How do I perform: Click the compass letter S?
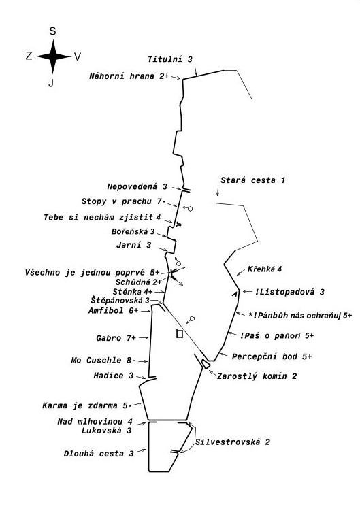(x=52, y=31)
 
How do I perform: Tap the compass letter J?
(x=51, y=82)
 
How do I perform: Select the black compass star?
(x=53, y=56)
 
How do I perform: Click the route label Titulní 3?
(x=170, y=59)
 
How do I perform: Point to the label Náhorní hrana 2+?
(x=129, y=76)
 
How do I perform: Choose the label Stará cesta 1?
(x=252, y=180)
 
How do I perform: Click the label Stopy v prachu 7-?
(x=123, y=201)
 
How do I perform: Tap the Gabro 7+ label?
(x=116, y=338)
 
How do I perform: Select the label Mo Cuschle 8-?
(x=103, y=360)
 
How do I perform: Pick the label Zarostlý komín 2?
(x=257, y=376)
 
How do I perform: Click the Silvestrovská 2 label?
(x=233, y=442)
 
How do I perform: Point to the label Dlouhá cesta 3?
(x=99, y=454)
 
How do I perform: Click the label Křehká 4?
(x=265, y=269)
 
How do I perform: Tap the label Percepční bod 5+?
(x=272, y=356)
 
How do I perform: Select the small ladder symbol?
(x=180, y=333)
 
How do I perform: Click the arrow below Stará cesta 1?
(x=218, y=191)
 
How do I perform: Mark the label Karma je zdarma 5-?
(x=86, y=405)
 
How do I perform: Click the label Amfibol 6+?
(x=114, y=310)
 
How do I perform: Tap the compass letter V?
(x=78, y=56)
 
